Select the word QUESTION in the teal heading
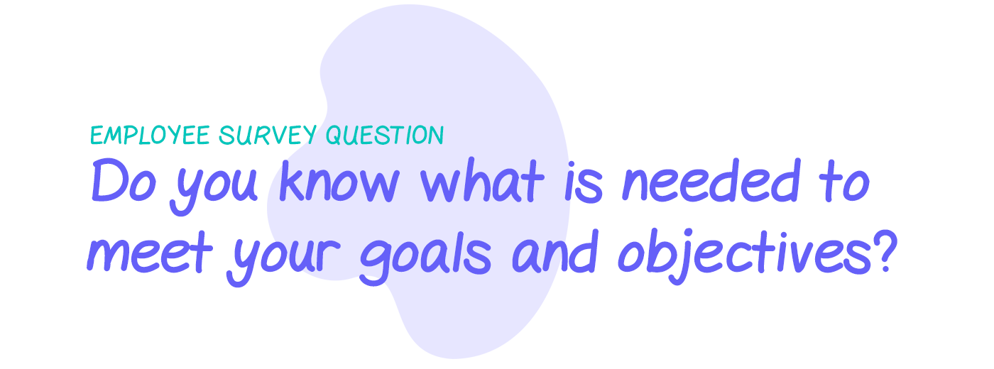click(385, 135)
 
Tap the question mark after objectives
click(880, 251)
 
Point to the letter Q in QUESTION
click(334, 136)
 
